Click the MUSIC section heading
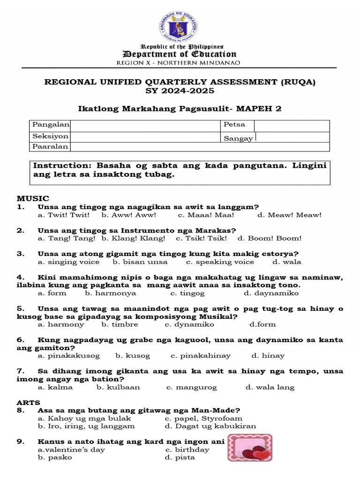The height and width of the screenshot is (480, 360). coord(33,199)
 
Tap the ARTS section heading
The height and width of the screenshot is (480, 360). coord(29,403)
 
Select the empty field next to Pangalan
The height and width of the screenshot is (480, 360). coord(145,125)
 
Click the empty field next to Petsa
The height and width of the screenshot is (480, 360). coord(292,126)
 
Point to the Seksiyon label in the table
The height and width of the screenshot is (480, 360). coord(50,136)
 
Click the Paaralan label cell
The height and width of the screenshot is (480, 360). coord(50,147)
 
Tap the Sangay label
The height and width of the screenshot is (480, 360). coord(238,138)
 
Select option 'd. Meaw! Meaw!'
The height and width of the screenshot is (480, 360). coord(290,215)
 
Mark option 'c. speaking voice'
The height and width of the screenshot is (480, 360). coord(220,262)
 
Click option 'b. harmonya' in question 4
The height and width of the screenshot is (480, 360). coord(111,293)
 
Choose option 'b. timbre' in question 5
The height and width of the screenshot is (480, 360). coord(120,324)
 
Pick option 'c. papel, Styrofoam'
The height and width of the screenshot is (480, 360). coord(203,419)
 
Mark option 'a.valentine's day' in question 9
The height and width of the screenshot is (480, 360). coord(71,450)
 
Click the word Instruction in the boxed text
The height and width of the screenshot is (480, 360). coord(61,166)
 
